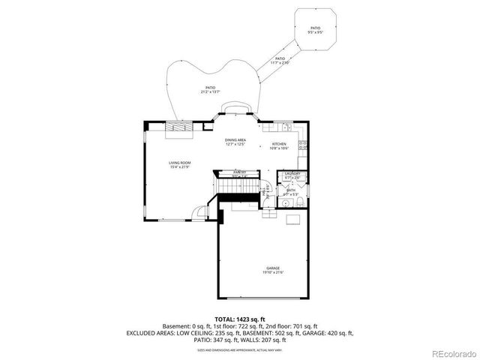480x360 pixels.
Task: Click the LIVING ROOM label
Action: [x=179, y=162]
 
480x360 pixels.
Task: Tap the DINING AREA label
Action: [x=235, y=139]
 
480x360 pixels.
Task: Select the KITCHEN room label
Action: [x=279, y=144]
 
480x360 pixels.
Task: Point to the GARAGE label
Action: [x=271, y=268]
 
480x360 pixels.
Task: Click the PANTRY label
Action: [x=240, y=172]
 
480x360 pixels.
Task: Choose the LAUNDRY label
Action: [x=292, y=174]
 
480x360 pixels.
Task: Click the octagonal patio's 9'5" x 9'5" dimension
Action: [x=316, y=33]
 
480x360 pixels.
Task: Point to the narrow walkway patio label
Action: [x=280, y=58]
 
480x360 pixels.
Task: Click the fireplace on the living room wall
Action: [x=181, y=127]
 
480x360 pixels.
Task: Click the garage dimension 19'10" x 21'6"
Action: [x=271, y=272]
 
